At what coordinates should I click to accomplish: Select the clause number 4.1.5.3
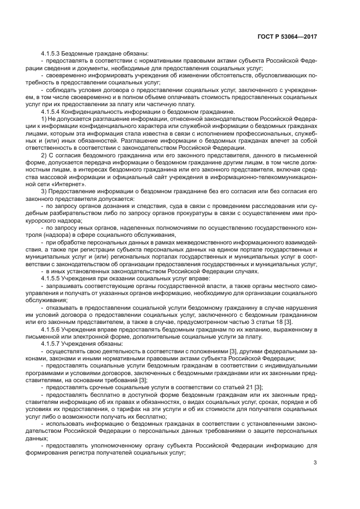[x=52, y=53]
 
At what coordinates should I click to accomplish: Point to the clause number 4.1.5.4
[x=52, y=112]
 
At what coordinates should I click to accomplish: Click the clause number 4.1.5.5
[x=52, y=278]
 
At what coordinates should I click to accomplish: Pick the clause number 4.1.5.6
[x=52, y=330]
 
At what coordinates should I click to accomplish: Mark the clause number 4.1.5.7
[x=52, y=344]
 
